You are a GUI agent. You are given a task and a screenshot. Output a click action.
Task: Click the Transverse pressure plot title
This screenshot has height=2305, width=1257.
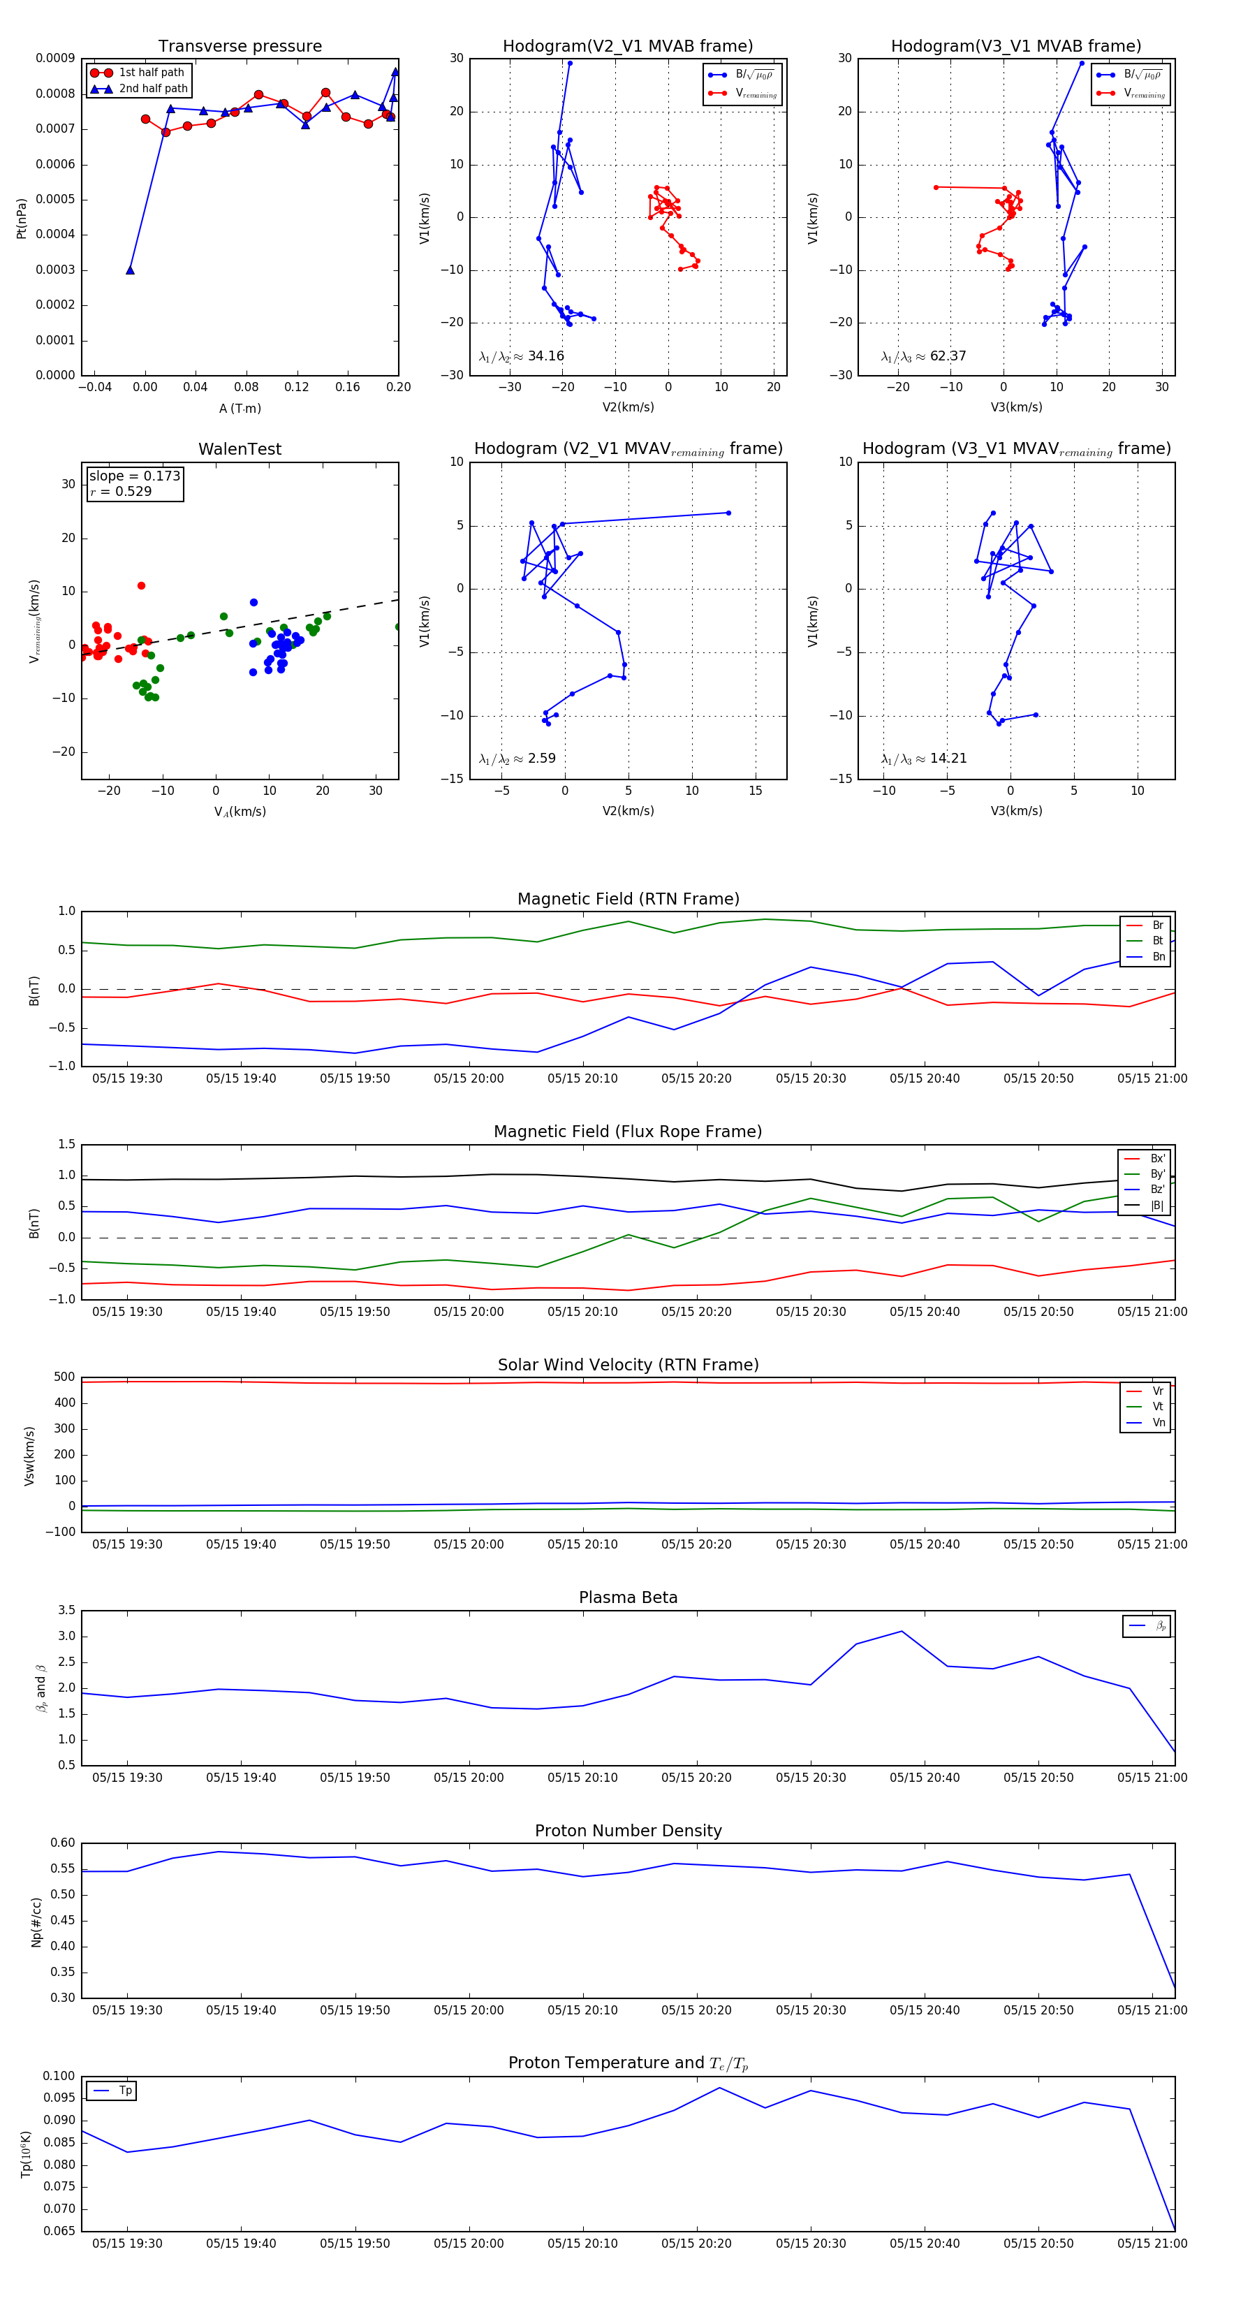(x=240, y=47)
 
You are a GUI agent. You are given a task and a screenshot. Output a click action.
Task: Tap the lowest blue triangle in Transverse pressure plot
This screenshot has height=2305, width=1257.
(x=130, y=270)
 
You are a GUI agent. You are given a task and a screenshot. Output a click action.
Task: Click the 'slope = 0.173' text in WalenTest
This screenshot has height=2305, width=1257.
(x=134, y=476)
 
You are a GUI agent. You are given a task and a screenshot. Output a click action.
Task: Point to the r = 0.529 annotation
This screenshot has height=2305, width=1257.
(x=121, y=492)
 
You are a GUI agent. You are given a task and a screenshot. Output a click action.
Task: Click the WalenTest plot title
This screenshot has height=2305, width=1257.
(x=240, y=449)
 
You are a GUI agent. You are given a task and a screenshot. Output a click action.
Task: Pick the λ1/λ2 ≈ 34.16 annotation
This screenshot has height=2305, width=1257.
(x=522, y=356)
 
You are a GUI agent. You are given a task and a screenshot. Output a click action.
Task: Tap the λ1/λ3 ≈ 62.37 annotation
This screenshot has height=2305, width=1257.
(x=923, y=356)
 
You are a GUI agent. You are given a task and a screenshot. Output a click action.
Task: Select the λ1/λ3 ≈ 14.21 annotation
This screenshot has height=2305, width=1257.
(x=923, y=759)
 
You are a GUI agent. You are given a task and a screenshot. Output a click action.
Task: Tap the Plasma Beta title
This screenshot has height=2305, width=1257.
(x=628, y=1598)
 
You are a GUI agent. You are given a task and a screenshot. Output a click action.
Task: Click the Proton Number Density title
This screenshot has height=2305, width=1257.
(x=628, y=1831)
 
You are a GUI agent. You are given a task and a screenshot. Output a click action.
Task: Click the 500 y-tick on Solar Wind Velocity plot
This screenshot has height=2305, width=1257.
(x=64, y=1377)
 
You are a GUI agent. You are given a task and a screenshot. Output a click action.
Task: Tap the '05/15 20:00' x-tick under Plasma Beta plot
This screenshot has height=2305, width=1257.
(x=469, y=1778)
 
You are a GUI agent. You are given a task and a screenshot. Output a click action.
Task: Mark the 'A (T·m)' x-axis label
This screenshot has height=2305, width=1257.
(x=240, y=409)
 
